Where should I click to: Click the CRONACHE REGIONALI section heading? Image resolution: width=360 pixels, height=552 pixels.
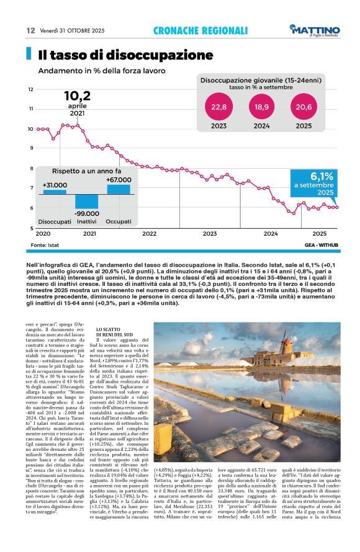click(x=200, y=30)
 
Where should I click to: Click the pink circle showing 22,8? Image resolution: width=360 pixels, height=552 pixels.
click(x=219, y=107)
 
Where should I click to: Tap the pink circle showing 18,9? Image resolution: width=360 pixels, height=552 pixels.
click(x=261, y=107)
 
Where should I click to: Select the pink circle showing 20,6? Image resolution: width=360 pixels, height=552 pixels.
click(x=304, y=107)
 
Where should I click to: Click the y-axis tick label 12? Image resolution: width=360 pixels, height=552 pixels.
click(x=30, y=89)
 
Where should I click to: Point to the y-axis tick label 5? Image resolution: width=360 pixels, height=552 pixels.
click(x=31, y=228)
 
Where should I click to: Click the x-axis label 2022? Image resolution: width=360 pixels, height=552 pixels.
click(x=149, y=234)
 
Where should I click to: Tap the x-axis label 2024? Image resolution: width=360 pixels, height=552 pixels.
click(x=270, y=234)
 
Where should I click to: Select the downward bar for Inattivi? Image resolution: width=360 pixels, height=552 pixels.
click(x=86, y=201)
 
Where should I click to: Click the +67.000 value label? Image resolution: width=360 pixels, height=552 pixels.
click(x=118, y=179)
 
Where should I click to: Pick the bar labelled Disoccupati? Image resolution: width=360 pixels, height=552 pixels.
click(x=55, y=192)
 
